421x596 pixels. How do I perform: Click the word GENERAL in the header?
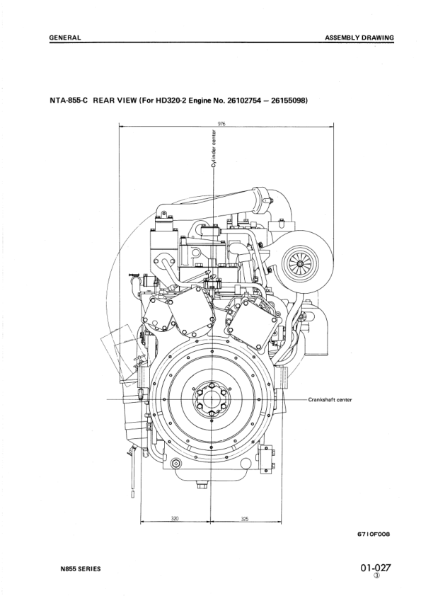tap(64, 37)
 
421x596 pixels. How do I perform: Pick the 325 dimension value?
tap(245, 518)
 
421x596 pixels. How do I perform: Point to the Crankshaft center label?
tap(330, 399)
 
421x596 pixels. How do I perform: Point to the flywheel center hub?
tap(212, 399)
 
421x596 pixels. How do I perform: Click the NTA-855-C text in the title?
tap(67, 100)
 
